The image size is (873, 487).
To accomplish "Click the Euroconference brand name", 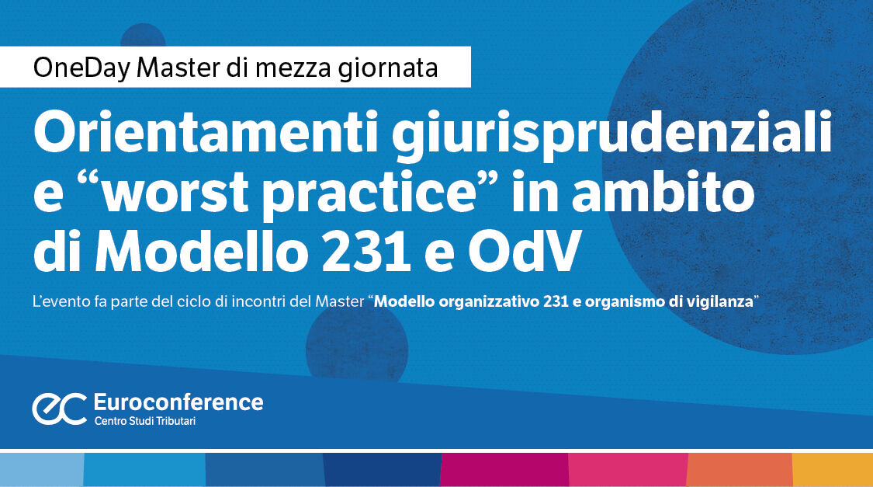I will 178,402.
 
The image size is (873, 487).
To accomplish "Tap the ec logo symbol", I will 59,409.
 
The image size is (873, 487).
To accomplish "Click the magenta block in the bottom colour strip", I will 504,469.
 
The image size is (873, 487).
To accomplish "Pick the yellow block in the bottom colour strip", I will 832,469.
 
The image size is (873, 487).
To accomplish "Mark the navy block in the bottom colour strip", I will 381,469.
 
